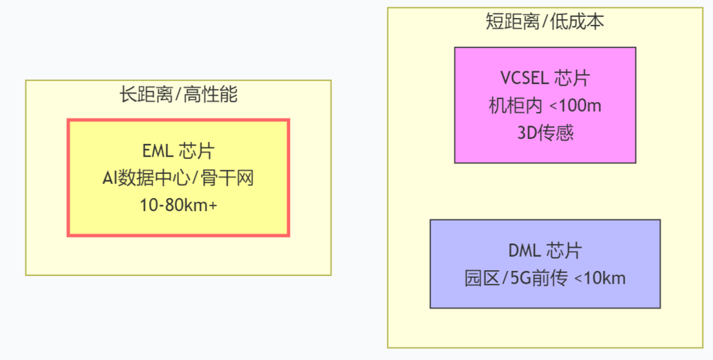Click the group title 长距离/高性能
click(x=178, y=95)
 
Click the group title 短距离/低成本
click(x=545, y=22)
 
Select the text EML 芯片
click(x=178, y=151)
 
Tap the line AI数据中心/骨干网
click(x=178, y=178)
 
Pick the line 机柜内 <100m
click(x=545, y=106)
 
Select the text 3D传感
click(x=545, y=133)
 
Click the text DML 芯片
click(x=545, y=251)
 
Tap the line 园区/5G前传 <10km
click(x=545, y=278)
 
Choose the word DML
click(x=525, y=251)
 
